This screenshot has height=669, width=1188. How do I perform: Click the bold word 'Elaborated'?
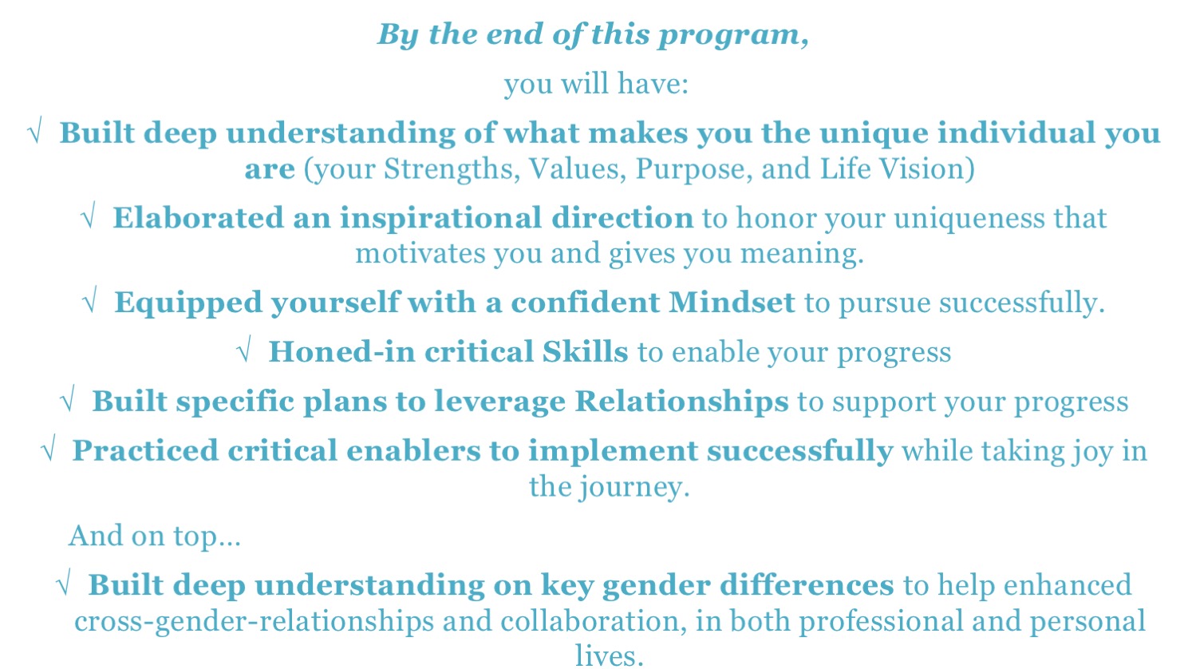click(198, 217)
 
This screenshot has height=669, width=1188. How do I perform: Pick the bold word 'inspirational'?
click(440, 219)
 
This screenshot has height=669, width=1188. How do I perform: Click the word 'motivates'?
click(420, 254)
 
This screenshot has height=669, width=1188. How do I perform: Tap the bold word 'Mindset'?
click(732, 303)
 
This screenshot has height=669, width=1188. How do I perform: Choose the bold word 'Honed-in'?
click(341, 352)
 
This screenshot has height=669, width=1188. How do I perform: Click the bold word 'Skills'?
click(585, 352)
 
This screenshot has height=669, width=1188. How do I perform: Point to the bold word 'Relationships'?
click(682, 402)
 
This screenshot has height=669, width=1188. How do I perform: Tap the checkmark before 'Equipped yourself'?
click(89, 301)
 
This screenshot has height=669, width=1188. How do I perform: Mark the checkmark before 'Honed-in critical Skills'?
click(243, 350)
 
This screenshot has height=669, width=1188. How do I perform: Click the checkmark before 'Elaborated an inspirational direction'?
click(88, 216)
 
